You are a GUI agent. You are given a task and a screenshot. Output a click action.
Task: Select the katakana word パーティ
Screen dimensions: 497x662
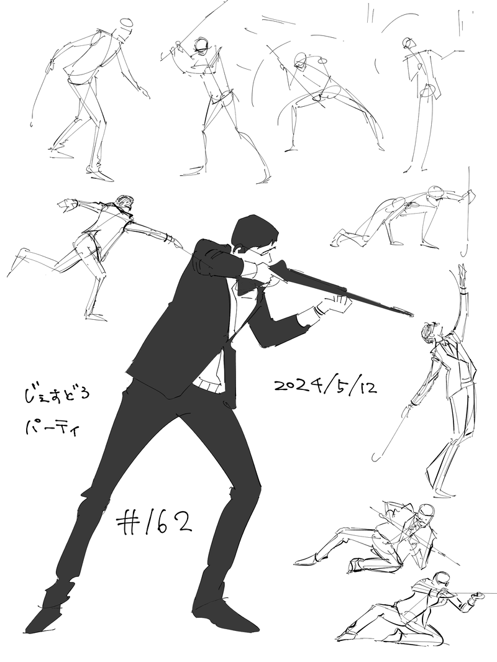pyautogui.click(x=51, y=429)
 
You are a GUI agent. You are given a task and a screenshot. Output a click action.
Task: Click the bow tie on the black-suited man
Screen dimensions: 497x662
pyautogui.click(x=247, y=287)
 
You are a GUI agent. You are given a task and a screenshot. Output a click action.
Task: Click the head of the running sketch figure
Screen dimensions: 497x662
pyautogui.click(x=125, y=204)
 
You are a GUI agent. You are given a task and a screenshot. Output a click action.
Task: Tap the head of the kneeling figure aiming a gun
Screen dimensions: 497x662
pyautogui.click(x=442, y=579)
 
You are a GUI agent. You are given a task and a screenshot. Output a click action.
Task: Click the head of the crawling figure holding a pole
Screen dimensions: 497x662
pyautogui.click(x=437, y=193)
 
